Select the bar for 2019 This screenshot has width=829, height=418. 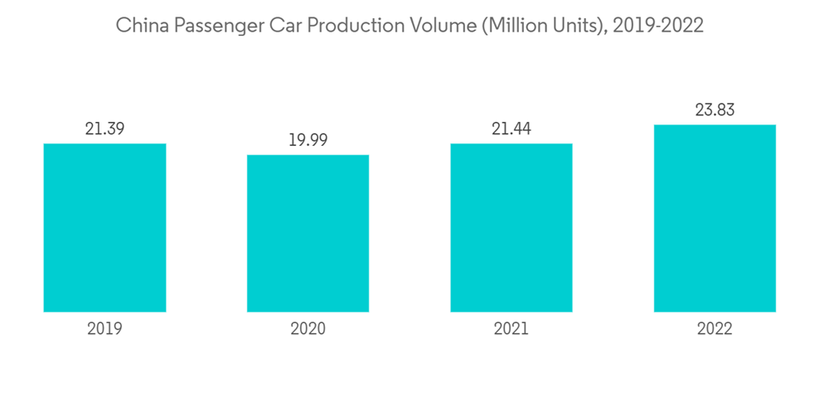click(104, 228)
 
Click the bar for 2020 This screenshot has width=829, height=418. click(308, 233)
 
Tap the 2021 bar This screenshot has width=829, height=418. click(511, 228)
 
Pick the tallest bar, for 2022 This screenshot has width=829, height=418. click(715, 218)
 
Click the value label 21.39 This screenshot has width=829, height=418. click(104, 129)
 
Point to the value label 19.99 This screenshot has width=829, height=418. click(308, 140)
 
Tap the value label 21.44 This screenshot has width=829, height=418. click(511, 129)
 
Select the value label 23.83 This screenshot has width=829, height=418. click(715, 109)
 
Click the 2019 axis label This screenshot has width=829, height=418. click(104, 329)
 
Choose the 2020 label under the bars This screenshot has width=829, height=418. click(308, 329)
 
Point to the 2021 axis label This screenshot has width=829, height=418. click(511, 329)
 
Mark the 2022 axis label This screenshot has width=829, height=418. click(715, 329)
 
